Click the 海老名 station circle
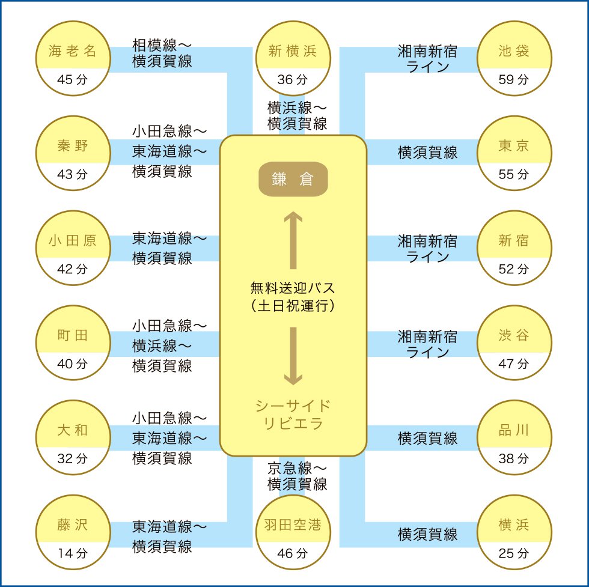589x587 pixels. pos(73,58)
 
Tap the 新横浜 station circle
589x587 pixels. pos(293,58)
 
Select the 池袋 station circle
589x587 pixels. pos(514,58)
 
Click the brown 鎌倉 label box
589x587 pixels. pos(293,179)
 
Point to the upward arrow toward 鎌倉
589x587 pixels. pos(293,240)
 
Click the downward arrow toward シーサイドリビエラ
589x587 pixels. pos(293,356)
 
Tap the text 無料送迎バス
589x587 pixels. pos(293,288)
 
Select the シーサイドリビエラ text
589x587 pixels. pos(293,415)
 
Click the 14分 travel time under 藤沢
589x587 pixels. pos(73,553)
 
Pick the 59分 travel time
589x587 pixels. pos(514,79)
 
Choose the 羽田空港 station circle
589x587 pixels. pos(293,532)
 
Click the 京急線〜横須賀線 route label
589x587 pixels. pos(297,476)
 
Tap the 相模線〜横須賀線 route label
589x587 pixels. pos(162,53)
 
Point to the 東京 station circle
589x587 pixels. pos(514,153)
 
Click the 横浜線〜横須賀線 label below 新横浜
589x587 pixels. pos(297,116)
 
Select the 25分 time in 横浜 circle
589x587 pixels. pos(514,553)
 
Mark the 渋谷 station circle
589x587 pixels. pos(514,342)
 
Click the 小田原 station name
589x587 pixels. pos(73,240)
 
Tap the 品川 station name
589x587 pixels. pos(514,430)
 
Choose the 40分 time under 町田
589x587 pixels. pos(73,363)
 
